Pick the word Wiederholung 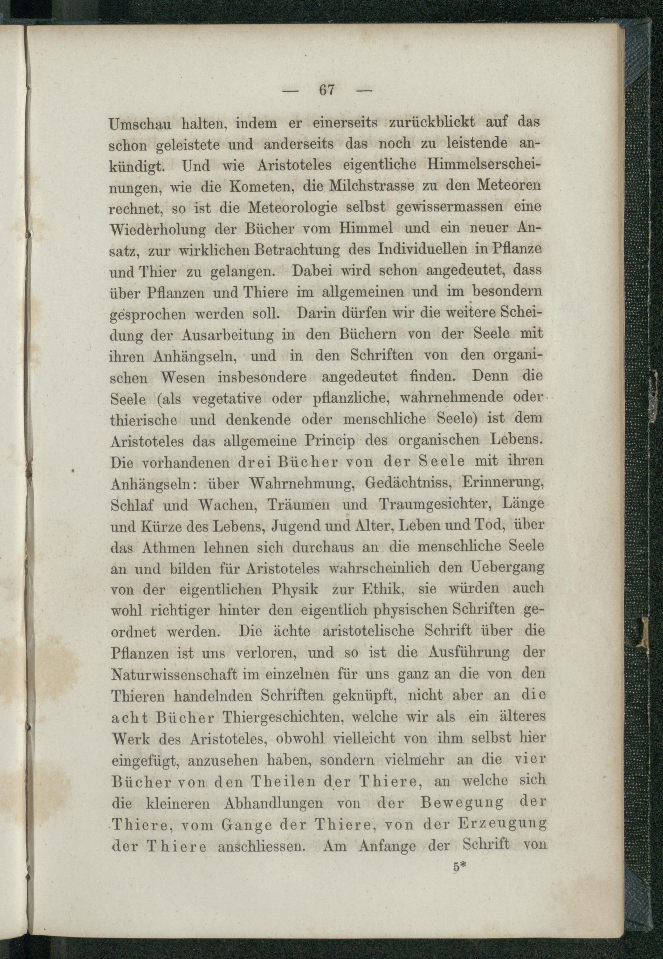click(158, 229)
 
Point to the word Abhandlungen click(273, 803)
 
